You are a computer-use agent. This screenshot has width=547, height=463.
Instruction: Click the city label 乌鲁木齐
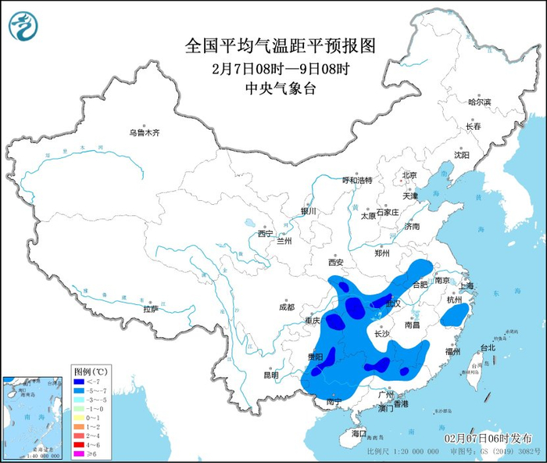click(145, 133)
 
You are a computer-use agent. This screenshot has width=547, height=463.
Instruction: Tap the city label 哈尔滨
click(479, 102)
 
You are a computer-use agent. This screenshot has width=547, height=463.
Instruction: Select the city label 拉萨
click(151, 309)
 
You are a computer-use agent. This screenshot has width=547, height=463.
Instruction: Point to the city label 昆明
click(270, 375)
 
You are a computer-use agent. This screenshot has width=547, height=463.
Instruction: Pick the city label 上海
click(467, 286)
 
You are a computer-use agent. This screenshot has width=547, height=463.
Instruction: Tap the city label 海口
click(359, 432)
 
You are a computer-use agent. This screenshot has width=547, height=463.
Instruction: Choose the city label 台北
click(487, 347)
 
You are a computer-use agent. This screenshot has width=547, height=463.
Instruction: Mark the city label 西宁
click(265, 233)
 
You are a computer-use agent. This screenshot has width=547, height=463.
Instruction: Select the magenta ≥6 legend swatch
click(80, 453)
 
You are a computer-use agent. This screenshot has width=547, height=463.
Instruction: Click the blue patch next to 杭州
click(452, 316)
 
